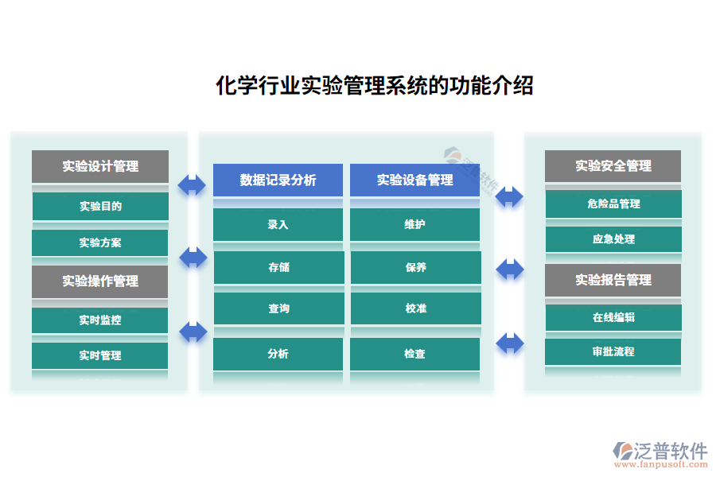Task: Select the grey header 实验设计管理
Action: click(100, 166)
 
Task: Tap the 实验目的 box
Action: click(100, 207)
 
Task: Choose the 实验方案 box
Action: click(100, 242)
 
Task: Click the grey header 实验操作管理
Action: click(100, 281)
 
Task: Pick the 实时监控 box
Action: click(100, 320)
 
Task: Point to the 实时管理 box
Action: click(100, 355)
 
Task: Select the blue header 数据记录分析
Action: click(278, 180)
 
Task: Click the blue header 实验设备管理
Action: click(414, 180)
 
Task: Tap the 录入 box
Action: click(278, 224)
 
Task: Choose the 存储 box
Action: click(278, 267)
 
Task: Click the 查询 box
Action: click(278, 308)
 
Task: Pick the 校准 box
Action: click(415, 308)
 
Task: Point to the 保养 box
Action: click(415, 267)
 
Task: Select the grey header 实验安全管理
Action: click(613, 166)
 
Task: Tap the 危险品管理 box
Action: click(613, 204)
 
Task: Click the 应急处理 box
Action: click(613, 238)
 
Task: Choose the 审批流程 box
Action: click(613, 351)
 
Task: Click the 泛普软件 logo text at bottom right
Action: click(670, 451)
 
